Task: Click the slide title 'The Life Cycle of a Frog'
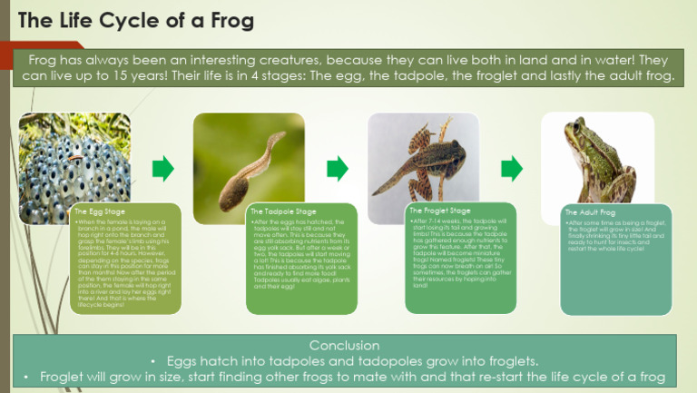[x=135, y=19]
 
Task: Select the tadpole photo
[x=247, y=156]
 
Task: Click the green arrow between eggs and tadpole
[x=162, y=168]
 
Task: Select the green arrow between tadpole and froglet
[x=337, y=168]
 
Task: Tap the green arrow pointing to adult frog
[x=511, y=168]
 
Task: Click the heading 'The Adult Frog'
[x=590, y=211]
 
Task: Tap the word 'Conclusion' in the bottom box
[x=348, y=346]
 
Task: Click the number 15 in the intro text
[x=134, y=76]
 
